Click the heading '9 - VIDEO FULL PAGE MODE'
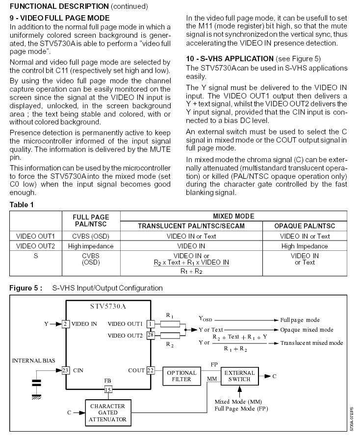point(60,18)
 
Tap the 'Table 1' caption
point(23,205)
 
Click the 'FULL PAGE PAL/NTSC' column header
point(91,220)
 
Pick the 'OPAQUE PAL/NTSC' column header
point(305,225)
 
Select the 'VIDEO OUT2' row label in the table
point(36,246)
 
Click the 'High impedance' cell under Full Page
point(91,246)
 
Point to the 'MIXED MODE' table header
point(233,216)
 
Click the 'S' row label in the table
point(36,256)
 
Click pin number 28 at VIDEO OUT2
point(150,335)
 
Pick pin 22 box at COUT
point(150,371)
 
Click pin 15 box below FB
point(107,389)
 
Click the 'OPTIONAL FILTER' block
point(181,376)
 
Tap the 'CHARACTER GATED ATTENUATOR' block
point(107,413)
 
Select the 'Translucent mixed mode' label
point(311,343)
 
